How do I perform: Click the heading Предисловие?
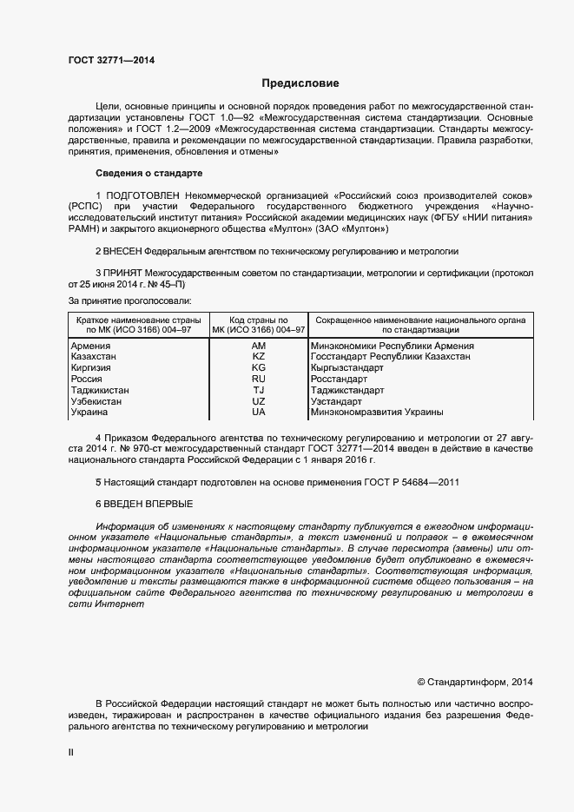300,83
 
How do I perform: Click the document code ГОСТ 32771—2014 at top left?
112,60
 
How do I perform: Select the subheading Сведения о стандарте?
148,174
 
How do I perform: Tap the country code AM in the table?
259,347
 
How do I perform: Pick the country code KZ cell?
259,357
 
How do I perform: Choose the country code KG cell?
259,368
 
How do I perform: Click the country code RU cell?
259,380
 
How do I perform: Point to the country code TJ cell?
259,390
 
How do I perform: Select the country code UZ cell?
259,401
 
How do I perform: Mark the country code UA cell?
259,412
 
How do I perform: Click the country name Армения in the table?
90,347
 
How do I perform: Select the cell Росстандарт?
339,380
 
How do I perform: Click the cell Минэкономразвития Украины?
377,412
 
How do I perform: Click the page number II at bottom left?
71,753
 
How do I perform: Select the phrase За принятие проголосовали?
130,300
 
